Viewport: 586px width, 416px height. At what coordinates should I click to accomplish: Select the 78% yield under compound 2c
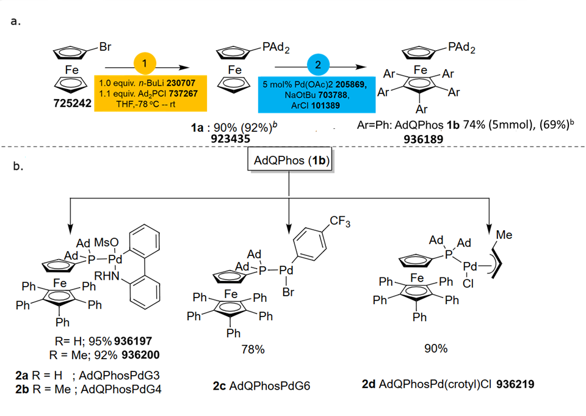pos(252,349)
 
